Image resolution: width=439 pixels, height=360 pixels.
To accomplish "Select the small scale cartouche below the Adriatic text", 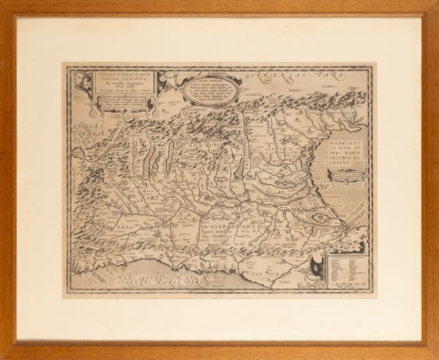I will pyautogui.click(x=348, y=175).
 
